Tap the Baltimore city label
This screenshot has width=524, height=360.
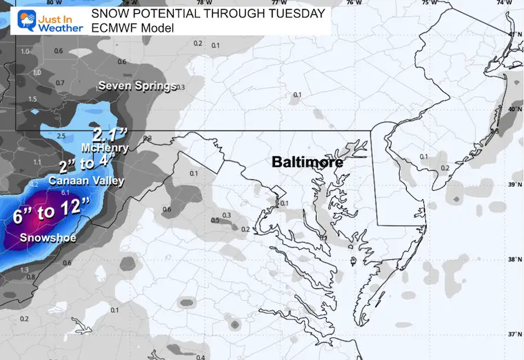(x=308, y=163)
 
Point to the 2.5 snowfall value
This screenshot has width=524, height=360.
(x=61, y=136)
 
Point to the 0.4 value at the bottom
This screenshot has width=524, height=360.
(x=200, y=357)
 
